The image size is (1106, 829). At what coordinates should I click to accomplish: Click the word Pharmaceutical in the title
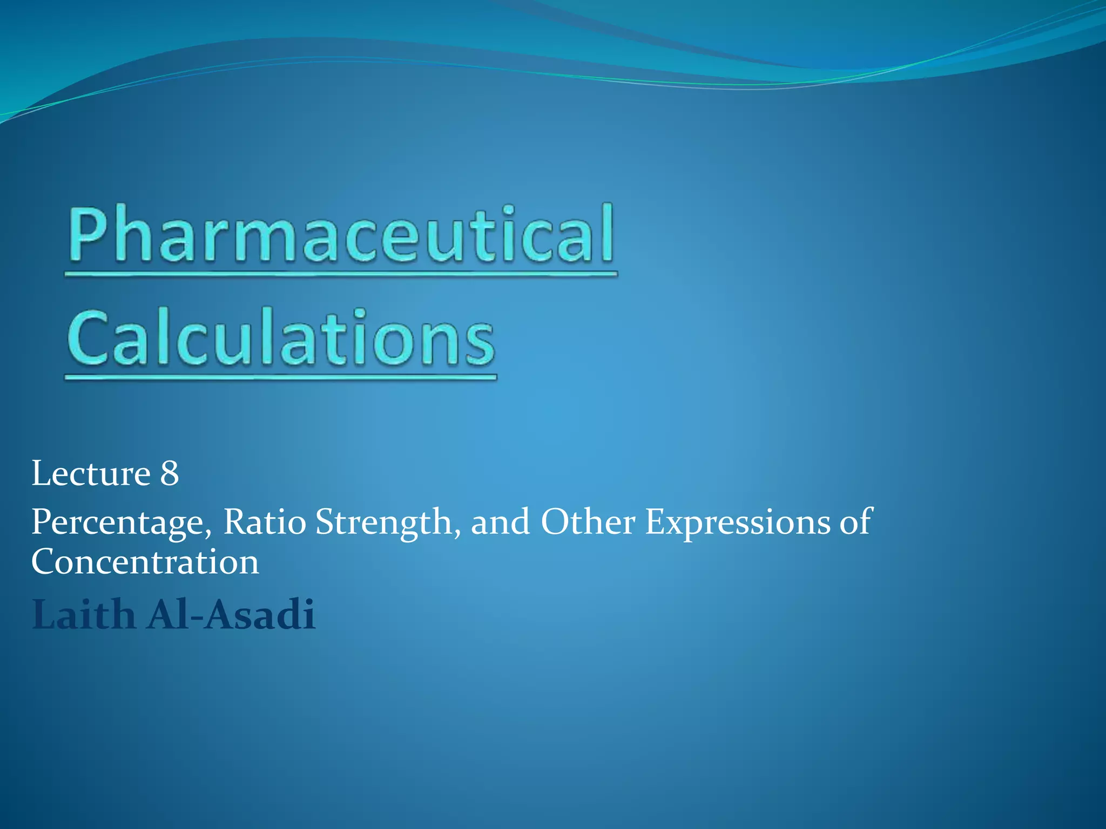coord(340,235)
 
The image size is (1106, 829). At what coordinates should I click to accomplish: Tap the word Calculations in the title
coord(281,337)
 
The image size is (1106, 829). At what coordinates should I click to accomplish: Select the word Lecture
coord(91,474)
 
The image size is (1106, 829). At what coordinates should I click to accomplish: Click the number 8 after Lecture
coord(169,474)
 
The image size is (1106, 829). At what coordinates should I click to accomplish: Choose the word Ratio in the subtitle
coord(265,522)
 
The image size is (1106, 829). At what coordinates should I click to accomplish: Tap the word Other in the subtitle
coord(588,522)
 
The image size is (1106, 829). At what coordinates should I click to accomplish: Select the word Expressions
coord(738,522)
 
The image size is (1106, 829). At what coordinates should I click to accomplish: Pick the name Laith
coord(83,615)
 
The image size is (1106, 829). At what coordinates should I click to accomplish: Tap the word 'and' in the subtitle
coord(500,522)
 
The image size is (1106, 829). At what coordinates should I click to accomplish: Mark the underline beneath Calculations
coord(281,377)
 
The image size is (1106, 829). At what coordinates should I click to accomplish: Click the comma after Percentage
coord(208,534)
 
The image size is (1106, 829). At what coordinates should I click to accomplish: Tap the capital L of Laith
coord(45,615)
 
